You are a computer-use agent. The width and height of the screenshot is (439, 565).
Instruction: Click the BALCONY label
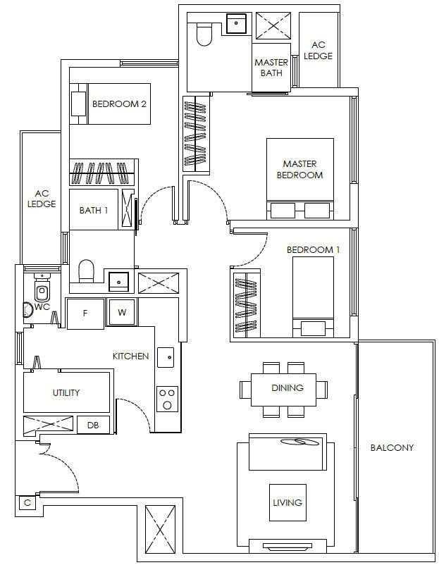(x=392, y=447)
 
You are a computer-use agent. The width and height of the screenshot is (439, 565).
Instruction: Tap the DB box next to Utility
(x=93, y=426)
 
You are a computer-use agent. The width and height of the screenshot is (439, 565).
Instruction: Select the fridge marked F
(x=85, y=313)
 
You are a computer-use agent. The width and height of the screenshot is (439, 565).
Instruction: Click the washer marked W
(x=122, y=312)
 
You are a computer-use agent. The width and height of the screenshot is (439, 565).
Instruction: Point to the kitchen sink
(x=166, y=357)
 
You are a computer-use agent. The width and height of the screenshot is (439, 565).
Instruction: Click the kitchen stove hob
(x=166, y=399)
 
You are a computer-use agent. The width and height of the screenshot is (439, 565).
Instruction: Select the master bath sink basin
(x=236, y=23)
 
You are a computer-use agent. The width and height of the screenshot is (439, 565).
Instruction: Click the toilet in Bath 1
(x=86, y=271)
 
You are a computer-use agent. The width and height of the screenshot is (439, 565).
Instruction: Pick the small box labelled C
(x=27, y=503)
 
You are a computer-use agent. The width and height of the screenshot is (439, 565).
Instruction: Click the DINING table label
(x=287, y=387)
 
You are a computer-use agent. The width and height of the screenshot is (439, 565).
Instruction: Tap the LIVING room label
(x=287, y=502)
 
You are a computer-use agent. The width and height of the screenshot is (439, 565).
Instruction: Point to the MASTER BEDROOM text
(x=299, y=169)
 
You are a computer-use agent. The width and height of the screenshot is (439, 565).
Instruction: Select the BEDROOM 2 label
(x=119, y=104)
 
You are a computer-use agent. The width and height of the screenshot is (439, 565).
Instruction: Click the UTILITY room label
(x=66, y=392)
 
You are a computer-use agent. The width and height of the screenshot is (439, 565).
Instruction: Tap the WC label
(x=42, y=307)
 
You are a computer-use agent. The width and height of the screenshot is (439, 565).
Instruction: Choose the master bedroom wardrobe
(x=196, y=133)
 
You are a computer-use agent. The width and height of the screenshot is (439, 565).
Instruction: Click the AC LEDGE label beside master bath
(x=318, y=51)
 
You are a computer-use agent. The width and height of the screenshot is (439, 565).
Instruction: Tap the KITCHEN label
(x=130, y=356)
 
